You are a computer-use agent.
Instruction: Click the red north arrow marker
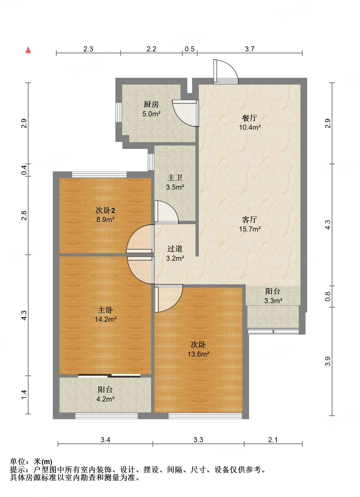[28, 50]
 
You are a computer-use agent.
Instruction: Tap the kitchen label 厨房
[151, 105]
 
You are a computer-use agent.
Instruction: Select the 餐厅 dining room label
[250, 118]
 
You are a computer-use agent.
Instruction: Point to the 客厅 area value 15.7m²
[250, 229]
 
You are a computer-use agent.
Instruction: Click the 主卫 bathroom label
[175, 178]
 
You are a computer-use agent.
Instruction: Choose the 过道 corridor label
[175, 249]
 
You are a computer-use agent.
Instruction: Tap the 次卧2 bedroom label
[105, 210]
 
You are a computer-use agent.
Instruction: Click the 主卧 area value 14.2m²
[105, 319]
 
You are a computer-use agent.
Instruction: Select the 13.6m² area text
[199, 354]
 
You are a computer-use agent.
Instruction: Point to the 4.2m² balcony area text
[105, 399]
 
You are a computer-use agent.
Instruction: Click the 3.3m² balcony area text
[273, 301]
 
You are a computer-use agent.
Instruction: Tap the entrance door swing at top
[226, 72]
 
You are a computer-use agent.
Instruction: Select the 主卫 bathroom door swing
[167, 212]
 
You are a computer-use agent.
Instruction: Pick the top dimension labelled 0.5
[190, 49]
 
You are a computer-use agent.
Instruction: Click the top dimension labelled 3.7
[250, 49]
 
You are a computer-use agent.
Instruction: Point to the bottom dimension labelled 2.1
[273, 440]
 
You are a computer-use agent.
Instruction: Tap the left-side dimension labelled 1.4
[24, 394]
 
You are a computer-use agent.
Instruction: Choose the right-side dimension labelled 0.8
[328, 296]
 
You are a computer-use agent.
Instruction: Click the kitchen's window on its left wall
[119, 112]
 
